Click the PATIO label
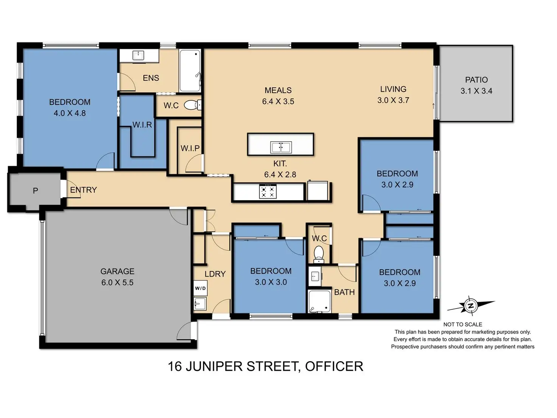476,80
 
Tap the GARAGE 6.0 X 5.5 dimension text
117,282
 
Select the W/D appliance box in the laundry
200,288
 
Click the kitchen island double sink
281,147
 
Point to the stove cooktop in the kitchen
268,191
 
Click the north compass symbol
471,306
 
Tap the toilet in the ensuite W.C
192,105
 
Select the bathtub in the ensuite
190,71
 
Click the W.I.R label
142,125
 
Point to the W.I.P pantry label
190,148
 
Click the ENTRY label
84,190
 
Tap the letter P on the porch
35,190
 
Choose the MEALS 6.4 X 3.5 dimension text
278,101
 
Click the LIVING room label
393,89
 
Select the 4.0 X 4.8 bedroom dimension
70,113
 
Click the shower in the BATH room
319,301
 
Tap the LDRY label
215,274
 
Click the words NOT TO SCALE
463,324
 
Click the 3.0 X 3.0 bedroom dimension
271,282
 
